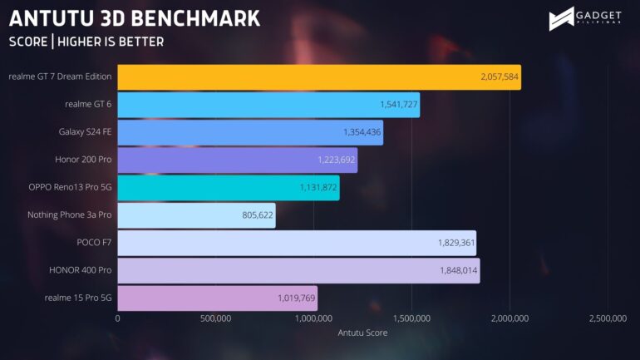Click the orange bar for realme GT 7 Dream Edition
pos(319,77)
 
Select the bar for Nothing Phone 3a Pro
pos(196,216)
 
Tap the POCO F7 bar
pos(297,244)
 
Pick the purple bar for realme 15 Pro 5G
pos(217,298)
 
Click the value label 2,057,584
pos(499,77)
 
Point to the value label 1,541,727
pos(397,105)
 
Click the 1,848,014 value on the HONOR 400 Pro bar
pos(458,271)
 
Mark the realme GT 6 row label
pos(88,105)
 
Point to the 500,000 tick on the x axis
pos(215,319)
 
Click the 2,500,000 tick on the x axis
pos(607,319)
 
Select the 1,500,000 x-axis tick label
pos(411,319)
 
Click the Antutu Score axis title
pos(362,333)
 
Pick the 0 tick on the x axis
pos(117,319)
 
